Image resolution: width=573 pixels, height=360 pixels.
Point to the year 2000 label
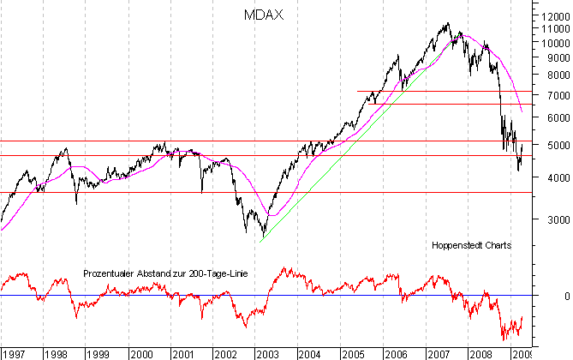(141, 353)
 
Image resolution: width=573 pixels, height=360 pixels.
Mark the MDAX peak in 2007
(448, 23)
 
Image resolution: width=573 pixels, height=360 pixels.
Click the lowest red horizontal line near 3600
(257, 192)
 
